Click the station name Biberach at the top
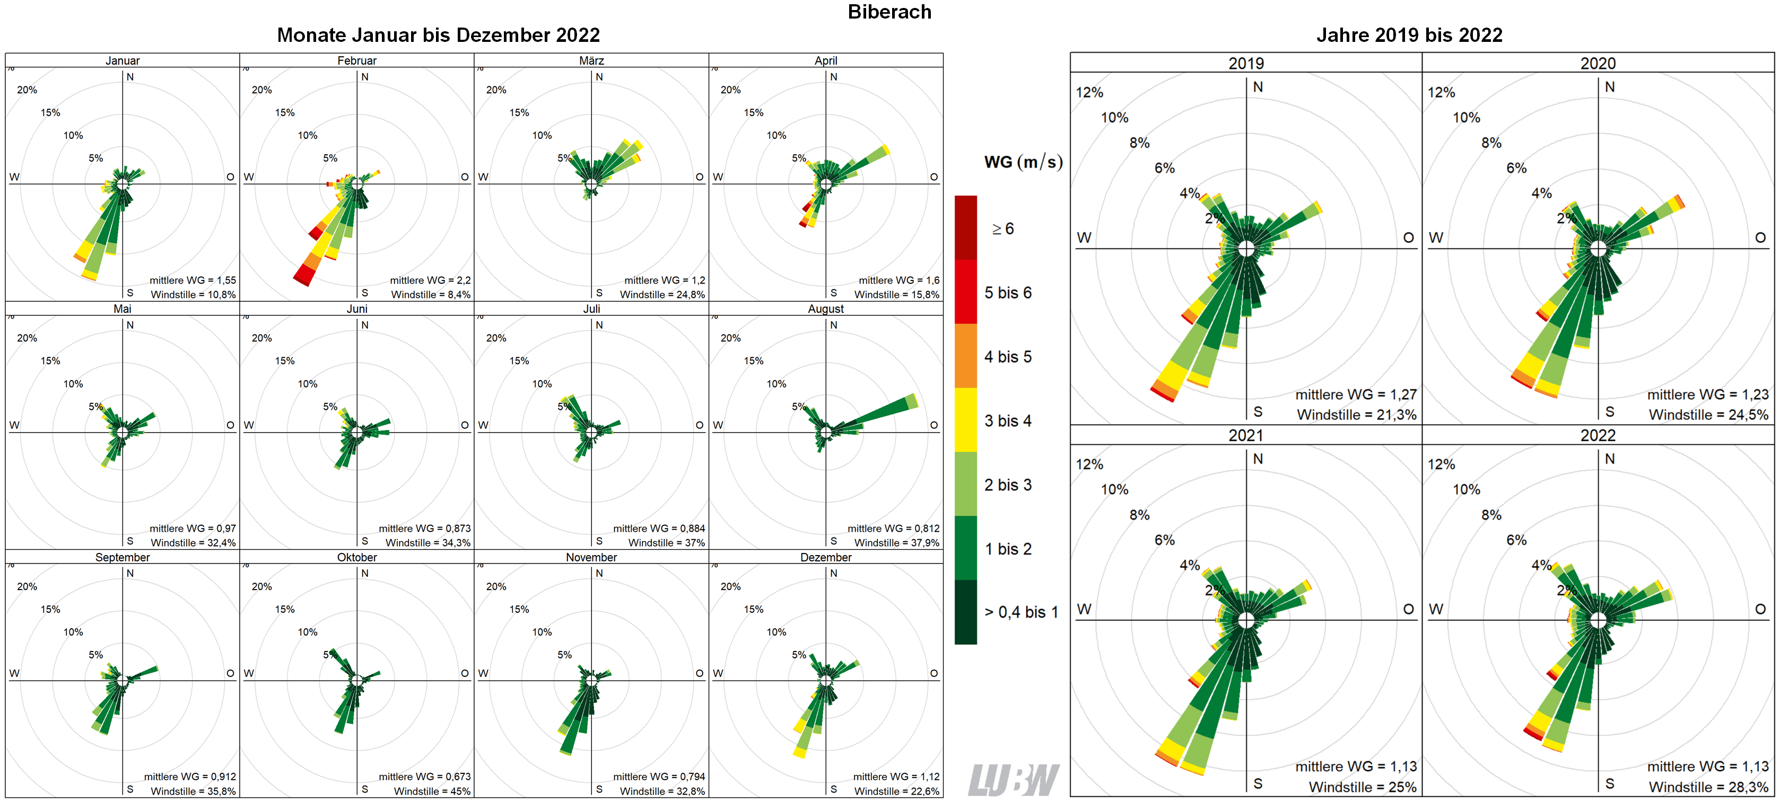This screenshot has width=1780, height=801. click(x=889, y=12)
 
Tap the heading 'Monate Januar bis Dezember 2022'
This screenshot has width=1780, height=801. click(x=438, y=35)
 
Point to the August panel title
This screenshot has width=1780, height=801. click(x=826, y=309)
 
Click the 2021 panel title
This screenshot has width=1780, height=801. click(x=1246, y=435)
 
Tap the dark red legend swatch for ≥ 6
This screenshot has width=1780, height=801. click(x=965, y=227)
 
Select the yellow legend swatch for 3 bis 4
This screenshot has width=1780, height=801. click(x=965, y=420)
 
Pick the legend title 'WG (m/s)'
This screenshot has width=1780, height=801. click(x=1023, y=162)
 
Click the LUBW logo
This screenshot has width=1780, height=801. click(x=1013, y=780)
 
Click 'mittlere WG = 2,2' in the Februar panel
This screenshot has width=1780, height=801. click(x=430, y=280)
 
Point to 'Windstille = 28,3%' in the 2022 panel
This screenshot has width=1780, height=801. click(x=1708, y=787)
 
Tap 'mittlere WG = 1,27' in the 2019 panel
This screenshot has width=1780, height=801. click(x=1356, y=394)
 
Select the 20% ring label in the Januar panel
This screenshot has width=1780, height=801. click(x=27, y=90)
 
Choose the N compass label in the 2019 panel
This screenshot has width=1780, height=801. click(x=1258, y=87)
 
